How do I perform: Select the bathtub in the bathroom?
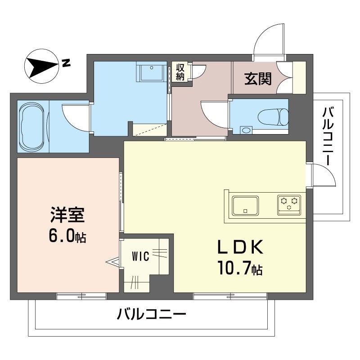point(32,127)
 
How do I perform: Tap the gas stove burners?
point(289,203)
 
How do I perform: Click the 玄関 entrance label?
point(258,79)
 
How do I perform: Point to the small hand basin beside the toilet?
point(245,130)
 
